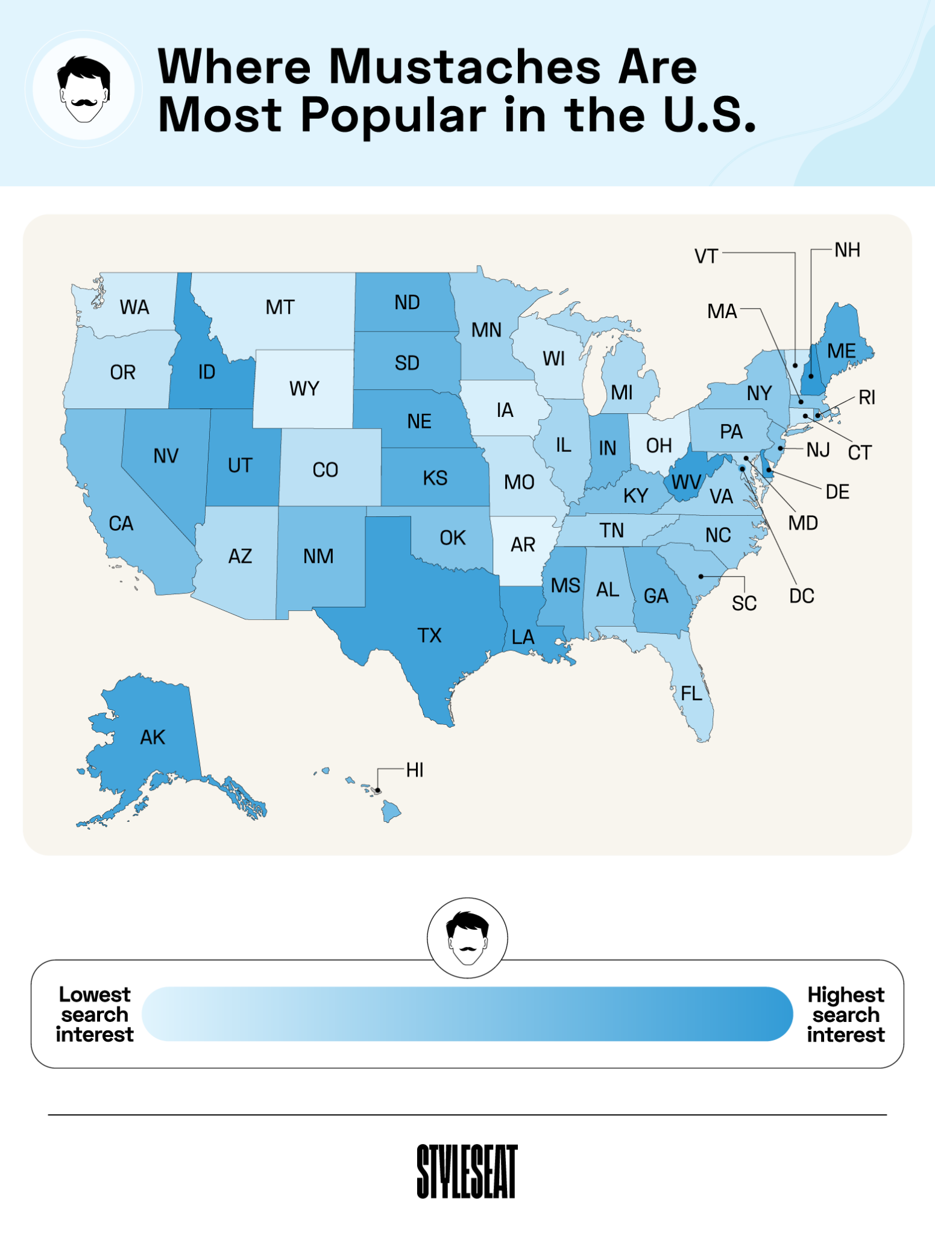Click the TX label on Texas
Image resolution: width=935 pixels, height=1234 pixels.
coord(429,635)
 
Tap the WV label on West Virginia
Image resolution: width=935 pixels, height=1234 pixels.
coord(686,482)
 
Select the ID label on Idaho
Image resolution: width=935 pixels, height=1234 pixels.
coord(207,372)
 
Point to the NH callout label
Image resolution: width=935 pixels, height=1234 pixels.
coord(847,250)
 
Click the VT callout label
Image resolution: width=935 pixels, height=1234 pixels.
coord(706,256)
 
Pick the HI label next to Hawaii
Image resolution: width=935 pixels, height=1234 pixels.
coord(415,769)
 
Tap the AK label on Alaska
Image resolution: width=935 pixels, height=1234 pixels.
coord(153,737)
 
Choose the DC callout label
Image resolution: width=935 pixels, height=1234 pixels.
coord(801,596)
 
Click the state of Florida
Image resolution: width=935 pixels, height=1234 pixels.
coord(693,693)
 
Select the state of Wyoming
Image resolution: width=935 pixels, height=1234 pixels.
coord(304,389)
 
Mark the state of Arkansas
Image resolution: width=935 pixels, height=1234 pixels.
coord(523,545)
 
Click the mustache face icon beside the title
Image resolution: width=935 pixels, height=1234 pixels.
coord(84,89)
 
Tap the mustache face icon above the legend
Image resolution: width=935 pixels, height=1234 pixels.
coord(467,938)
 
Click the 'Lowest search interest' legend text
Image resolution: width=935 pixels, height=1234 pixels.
coord(95,1014)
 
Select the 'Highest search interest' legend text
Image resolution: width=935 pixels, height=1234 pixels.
coord(846,1014)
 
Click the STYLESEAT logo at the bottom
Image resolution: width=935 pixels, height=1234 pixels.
coord(467,1171)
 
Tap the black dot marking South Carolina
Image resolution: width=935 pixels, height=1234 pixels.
coord(701,577)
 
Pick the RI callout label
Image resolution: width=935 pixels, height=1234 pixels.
coord(867,397)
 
